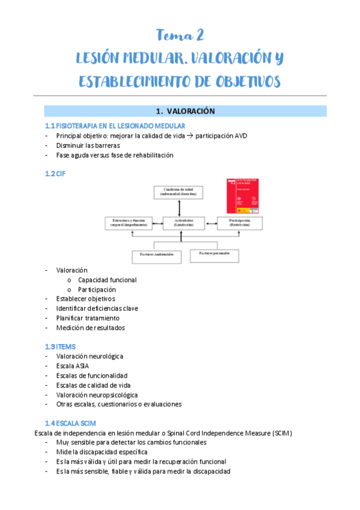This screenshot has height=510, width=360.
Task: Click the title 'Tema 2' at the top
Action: (x=180, y=35)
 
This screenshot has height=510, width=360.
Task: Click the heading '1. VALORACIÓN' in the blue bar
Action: (x=185, y=111)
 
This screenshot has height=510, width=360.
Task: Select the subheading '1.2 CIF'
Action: (x=55, y=174)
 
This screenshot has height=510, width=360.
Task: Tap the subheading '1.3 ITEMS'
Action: (x=59, y=346)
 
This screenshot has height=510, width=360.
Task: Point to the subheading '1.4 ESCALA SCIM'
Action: (x=69, y=423)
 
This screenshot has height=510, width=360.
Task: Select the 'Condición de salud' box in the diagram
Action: (x=179, y=192)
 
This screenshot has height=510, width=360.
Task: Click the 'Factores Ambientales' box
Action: (x=157, y=256)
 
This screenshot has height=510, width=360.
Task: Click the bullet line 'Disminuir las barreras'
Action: (x=88, y=145)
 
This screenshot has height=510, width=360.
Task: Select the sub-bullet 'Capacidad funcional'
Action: (x=107, y=280)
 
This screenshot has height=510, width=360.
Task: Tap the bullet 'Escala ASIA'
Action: (x=74, y=366)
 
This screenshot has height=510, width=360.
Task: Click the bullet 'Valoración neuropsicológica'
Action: (x=97, y=395)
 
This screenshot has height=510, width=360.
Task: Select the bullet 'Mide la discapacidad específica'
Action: (x=102, y=452)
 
